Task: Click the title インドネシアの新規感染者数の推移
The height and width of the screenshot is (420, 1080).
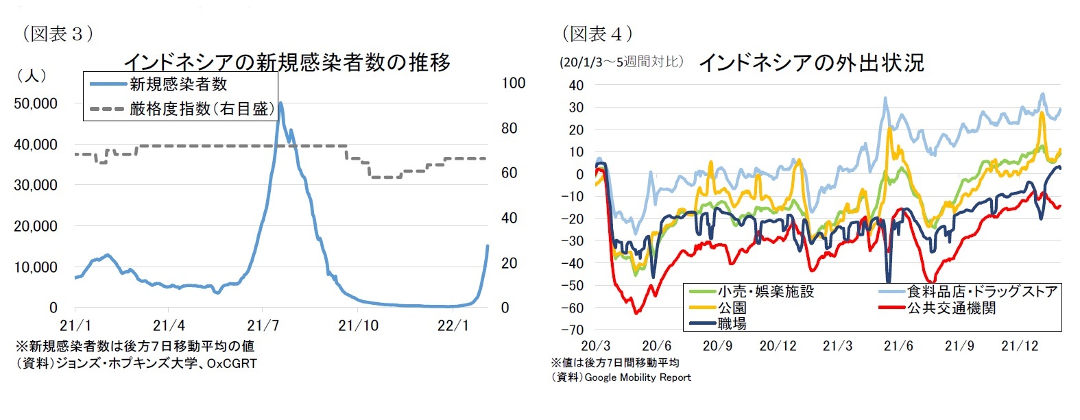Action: [287, 62]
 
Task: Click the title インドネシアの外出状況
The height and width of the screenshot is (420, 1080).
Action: [811, 63]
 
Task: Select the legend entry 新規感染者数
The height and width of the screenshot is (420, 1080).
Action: [178, 85]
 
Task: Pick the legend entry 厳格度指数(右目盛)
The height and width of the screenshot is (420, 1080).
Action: [202, 109]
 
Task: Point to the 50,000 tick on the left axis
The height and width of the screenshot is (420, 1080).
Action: [36, 103]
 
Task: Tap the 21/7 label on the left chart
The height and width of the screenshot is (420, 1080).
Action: [263, 325]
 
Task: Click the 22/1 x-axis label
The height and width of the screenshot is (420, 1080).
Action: [453, 325]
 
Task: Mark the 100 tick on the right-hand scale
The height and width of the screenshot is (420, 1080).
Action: [514, 83]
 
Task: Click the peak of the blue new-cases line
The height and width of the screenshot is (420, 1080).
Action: [280, 103]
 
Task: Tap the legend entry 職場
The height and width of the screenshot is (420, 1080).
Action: [732, 324]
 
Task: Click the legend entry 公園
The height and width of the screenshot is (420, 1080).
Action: [732, 308]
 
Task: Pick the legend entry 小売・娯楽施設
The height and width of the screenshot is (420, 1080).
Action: [765, 292]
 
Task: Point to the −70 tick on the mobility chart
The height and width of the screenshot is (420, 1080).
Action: [573, 330]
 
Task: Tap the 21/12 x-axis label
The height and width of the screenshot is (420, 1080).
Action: [1020, 346]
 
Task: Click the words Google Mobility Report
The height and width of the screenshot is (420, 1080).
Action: [638, 378]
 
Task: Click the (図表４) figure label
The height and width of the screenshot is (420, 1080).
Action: [597, 34]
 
